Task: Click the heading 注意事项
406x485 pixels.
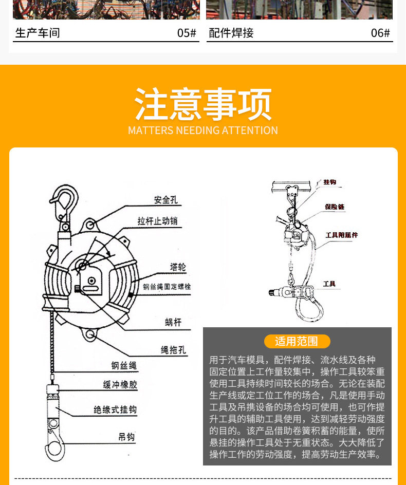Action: [x=203, y=104]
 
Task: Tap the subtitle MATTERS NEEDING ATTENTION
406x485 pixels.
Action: [x=203, y=130]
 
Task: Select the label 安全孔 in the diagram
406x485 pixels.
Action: [x=165, y=200]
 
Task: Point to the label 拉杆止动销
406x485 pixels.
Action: [x=158, y=221]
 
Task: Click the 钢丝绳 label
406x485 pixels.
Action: [x=124, y=366]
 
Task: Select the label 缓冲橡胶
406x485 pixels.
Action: [x=120, y=385]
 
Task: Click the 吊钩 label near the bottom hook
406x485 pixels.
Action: [x=126, y=437]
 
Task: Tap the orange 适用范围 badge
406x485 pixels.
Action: [x=297, y=341]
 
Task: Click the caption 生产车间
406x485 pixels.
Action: [x=38, y=33]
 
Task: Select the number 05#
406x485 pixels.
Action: [x=187, y=33]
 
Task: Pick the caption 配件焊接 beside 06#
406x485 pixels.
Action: [x=231, y=33]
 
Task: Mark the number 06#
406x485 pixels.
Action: [x=380, y=33]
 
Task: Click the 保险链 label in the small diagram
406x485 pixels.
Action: [x=334, y=207]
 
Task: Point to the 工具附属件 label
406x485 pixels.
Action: [x=341, y=235]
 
